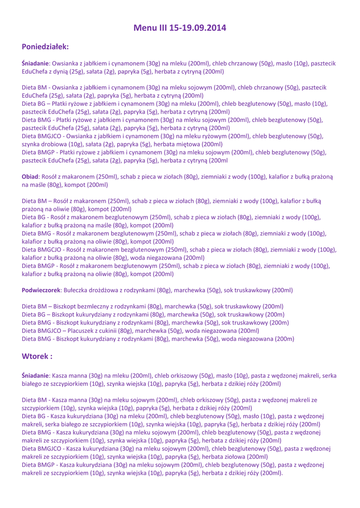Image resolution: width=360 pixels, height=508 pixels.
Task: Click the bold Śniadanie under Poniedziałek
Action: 39,63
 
